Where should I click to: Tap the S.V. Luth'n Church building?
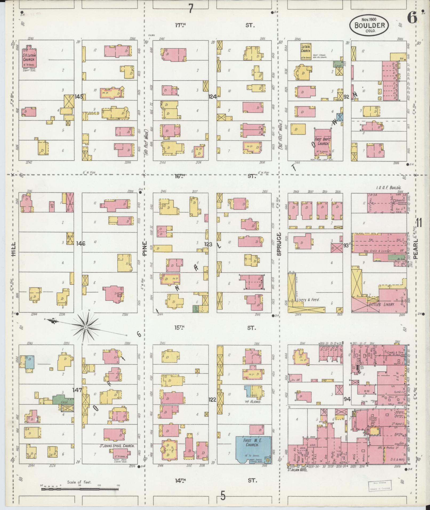click(x=29, y=58)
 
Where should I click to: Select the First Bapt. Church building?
click(x=323, y=142)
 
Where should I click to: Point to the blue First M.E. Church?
click(x=253, y=450)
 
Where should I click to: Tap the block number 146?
click(x=80, y=243)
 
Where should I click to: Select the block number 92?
click(x=347, y=97)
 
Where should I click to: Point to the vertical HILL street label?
click(x=13, y=249)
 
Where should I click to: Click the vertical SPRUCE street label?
click(x=279, y=244)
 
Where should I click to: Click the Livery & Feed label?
click(x=307, y=299)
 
